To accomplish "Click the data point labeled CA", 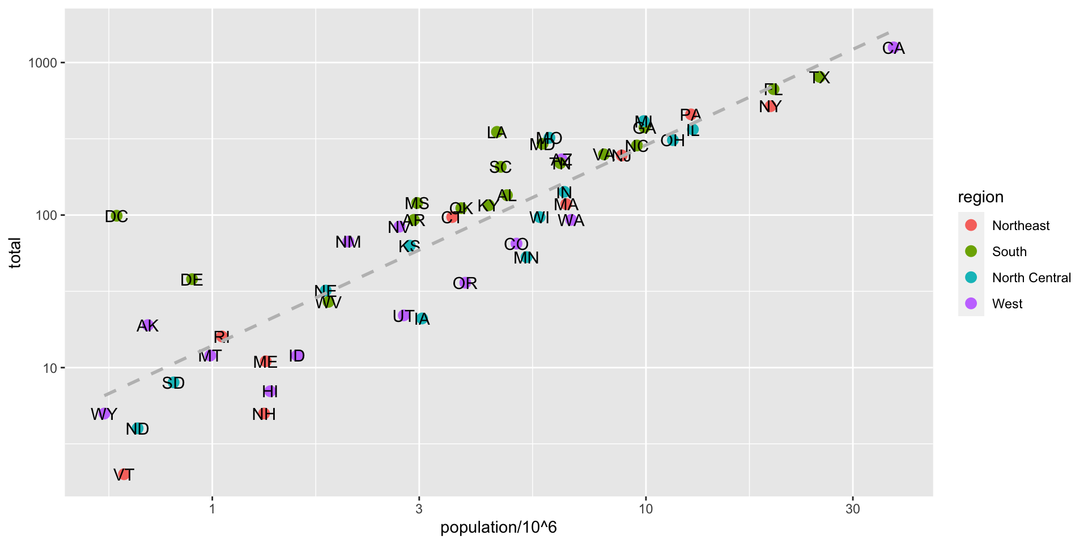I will pyautogui.click(x=894, y=48).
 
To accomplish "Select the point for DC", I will pyautogui.click(x=117, y=216).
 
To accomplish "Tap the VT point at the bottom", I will pyautogui.click(x=124, y=474).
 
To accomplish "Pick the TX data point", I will pyautogui.click(x=819, y=77).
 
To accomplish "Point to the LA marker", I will pyautogui.click(x=497, y=132).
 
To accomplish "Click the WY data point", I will pyautogui.click(x=104, y=414).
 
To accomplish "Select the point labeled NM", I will pyautogui.click(x=348, y=242).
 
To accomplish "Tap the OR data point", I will pyautogui.click(x=465, y=283).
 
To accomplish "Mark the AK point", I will pyautogui.click(x=148, y=325).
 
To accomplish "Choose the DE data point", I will pyautogui.click(x=192, y=279).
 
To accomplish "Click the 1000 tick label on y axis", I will pyautogui.click(x=43, y=63).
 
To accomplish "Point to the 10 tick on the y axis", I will pyautogui.click(x=50, y=368).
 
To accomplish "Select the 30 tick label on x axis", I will pyautogui.click(x=852, y=509).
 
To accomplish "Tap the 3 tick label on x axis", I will pyautogui.click(x=419, y=509).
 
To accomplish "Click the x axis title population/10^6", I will pyautogui.click(x=499, y=528).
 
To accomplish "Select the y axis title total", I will pyautogui.click(x=15, y=253).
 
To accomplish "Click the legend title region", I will pyautogui.click(x=980, y=197).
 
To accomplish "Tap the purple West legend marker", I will pyautogui.click(x=971, y=303).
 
